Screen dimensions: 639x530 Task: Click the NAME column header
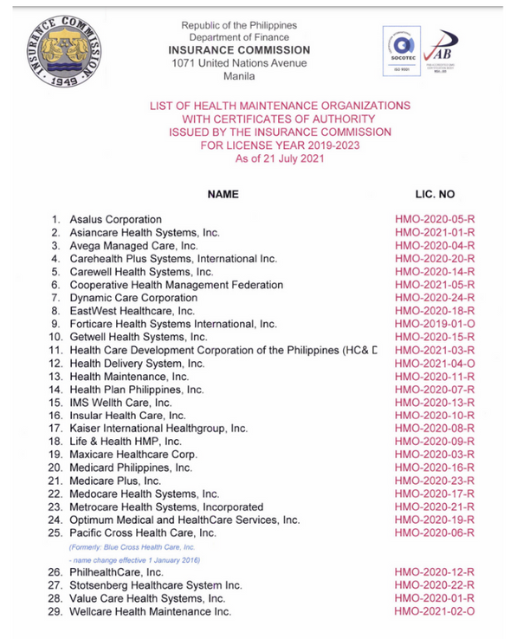click(223, 195)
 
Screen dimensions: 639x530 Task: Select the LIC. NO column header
click(435, 195)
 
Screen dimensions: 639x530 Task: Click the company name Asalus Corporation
click(115, 220)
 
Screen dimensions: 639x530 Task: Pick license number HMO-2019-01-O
click(435, 324)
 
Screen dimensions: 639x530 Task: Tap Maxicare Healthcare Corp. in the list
click(133, 455)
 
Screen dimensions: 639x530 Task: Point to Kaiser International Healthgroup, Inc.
click(158, 429)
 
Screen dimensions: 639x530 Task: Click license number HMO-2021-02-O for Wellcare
click(435, 611)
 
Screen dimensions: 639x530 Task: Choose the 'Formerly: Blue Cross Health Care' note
click(132, 547)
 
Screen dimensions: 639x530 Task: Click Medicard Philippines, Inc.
click(131, 468)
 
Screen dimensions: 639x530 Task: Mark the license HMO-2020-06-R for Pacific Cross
click(435, 532)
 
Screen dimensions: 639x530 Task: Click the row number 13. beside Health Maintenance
click(55, 377)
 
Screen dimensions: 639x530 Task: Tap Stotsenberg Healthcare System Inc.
click(156, 585)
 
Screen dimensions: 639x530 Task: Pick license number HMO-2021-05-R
click(435, 285)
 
